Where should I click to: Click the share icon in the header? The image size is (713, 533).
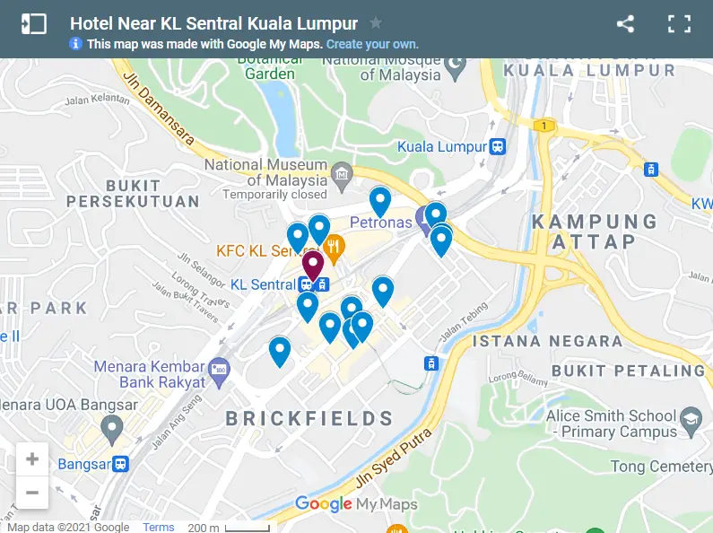tap(625, 24)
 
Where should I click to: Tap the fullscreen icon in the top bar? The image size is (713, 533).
tap(679, 24)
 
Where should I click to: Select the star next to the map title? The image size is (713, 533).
tap(376, 23)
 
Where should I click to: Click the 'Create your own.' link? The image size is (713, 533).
tap(372, 44)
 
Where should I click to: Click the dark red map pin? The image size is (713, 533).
tap(312, 266)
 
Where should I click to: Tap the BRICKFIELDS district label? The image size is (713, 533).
tap(309, 418)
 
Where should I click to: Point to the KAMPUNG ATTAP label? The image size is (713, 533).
tap(595, 232)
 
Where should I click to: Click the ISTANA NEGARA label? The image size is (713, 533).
tap(547, 341)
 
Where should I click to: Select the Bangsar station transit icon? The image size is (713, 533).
tap(120, 464)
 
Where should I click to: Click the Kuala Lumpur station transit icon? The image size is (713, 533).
tap(498, 146)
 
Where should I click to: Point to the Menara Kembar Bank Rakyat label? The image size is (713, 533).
tap(150, 374)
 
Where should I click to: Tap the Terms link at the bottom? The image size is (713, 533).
tap(159, 528)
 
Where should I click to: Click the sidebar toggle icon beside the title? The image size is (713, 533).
tap(34, 24)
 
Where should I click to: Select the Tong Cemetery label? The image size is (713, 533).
tap(661, 467)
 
